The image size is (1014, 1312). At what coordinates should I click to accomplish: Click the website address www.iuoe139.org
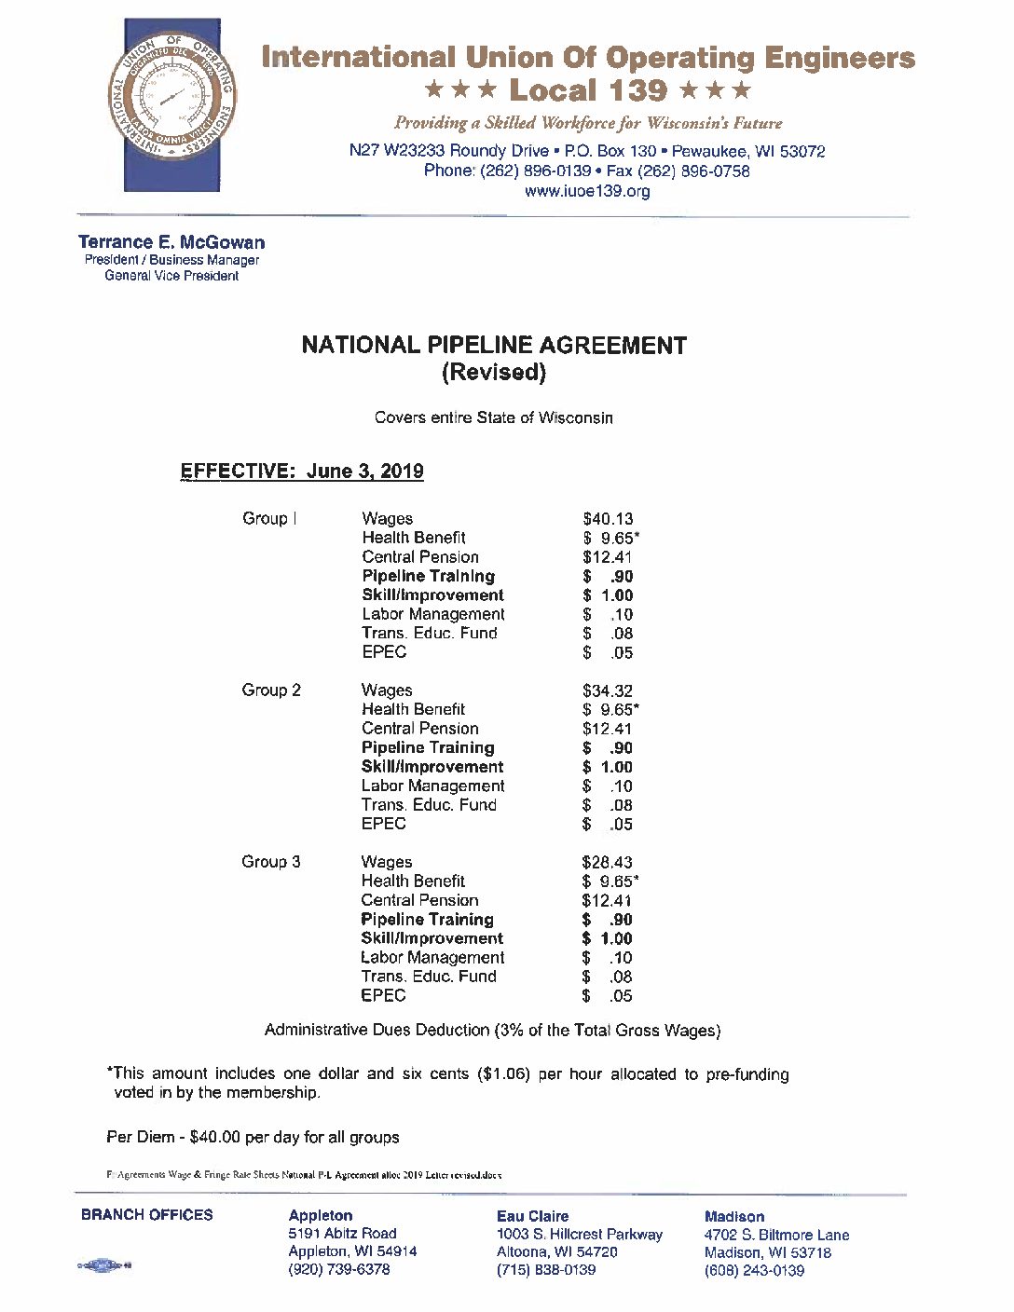(587, 191)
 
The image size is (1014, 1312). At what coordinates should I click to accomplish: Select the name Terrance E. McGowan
(171, 242)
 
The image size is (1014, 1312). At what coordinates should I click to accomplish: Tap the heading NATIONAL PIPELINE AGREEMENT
(494, 346)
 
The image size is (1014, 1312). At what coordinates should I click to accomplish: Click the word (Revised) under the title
(493, 373)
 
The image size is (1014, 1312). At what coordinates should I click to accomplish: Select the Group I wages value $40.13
(608, 519)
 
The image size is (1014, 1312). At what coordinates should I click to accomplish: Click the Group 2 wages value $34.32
(608, 690)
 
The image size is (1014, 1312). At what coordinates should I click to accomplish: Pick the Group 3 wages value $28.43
(607, 863)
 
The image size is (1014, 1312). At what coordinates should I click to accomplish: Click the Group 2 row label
(271, 690)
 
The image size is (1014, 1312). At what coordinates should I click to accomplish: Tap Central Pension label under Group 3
(419, 900)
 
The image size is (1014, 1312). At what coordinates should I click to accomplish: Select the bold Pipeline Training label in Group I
(428, 576)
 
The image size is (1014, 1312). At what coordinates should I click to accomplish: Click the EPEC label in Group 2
(384, 824)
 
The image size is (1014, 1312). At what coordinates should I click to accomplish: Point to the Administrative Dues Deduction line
(492, 1031)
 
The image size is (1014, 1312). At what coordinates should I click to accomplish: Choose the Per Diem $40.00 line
(253, 1138)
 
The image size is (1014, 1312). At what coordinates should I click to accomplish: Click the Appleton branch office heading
(321, 1216)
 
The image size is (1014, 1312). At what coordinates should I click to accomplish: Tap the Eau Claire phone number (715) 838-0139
(546, 1270)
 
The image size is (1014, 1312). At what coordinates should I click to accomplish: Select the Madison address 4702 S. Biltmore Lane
(776, 1236)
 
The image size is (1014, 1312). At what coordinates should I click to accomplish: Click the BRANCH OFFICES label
(147, 1215)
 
